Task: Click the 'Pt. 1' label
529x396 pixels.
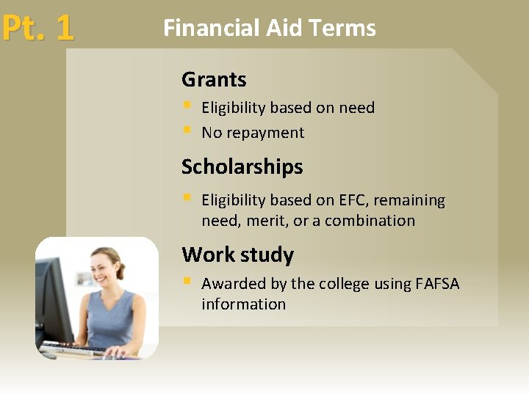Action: click(x=37, y=28)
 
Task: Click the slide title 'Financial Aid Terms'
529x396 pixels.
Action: click(x=269, y=28)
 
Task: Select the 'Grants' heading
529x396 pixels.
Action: click(x=214, y=79)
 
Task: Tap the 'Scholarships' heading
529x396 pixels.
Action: click(x=242, y=166)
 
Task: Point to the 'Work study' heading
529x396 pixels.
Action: click(x=237, y=254)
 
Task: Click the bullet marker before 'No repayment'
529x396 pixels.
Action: click(x=187, y=131)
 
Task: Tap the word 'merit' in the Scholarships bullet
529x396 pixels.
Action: click(x=266, y=221)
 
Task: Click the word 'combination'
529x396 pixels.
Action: click(x=370, y=221)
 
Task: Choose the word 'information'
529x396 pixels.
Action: click(x=243, y=304)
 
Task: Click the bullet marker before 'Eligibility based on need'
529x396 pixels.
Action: click(x=187, y=106)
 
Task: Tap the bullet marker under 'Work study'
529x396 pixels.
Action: click(x=187, y=281)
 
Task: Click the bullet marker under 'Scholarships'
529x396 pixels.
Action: click(x=187, y=197)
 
